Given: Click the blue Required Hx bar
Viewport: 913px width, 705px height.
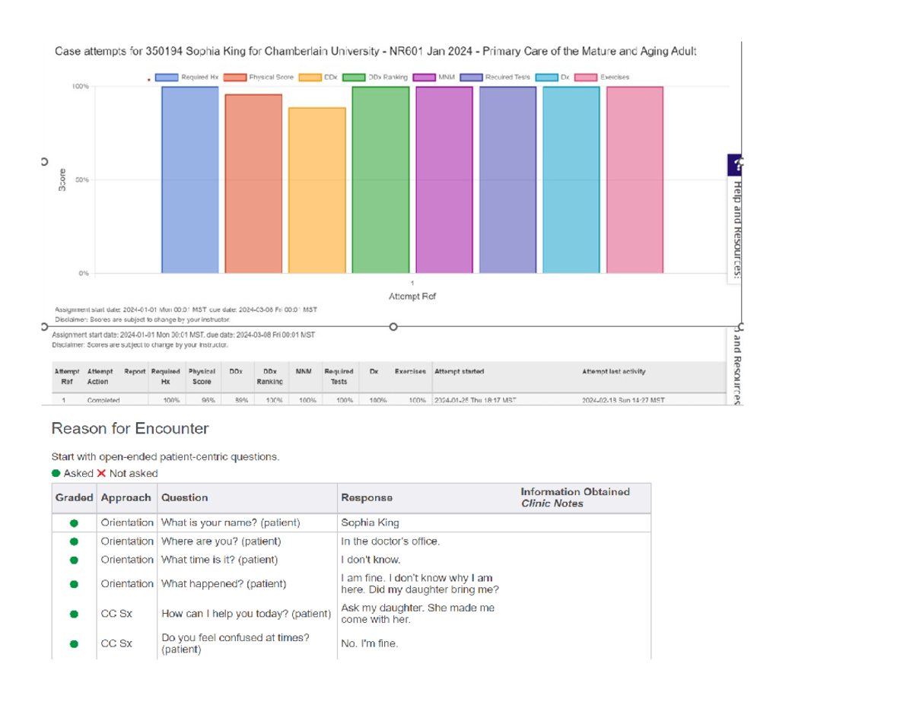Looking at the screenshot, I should [190, 179].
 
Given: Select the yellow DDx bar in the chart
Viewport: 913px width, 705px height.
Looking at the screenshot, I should [317, 189].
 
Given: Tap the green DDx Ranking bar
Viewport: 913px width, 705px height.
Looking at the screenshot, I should [380, 179].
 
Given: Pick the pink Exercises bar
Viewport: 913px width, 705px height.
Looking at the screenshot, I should [635, 179].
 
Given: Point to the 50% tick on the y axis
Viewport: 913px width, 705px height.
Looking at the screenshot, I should [82, 179].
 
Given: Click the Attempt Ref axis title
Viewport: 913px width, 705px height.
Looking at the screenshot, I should [412, 296].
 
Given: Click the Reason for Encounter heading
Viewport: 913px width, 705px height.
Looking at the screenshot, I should [129, 429].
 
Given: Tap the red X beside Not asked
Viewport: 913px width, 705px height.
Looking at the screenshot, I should [101, 473].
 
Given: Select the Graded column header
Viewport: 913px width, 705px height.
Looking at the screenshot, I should [74, 497].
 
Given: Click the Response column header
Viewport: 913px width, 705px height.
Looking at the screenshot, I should [367, 497].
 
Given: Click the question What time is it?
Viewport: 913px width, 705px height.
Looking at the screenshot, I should [219, 560].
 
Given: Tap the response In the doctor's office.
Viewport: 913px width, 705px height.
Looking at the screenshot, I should [390, 541].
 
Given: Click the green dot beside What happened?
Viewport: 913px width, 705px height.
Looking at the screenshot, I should [74, 584].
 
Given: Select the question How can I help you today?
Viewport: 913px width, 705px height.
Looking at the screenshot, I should [246, 614].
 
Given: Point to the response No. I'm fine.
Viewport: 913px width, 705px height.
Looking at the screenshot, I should [369, 644].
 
